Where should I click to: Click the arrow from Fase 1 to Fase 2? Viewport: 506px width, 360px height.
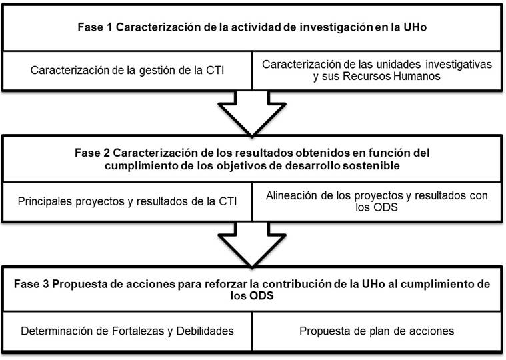point(252,113)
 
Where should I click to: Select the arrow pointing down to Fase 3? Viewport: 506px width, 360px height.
point(252,245)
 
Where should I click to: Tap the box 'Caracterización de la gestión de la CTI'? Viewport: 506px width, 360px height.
point(127,71)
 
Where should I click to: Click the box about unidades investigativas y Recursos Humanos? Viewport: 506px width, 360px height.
point(377,71)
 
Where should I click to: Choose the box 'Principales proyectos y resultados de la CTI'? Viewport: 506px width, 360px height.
point(127,202)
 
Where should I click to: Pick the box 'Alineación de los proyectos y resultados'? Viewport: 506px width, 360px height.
point(377,202)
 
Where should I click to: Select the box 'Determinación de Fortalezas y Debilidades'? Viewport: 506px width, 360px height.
point(127,331)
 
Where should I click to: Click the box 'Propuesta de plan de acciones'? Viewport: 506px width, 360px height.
point(377,331)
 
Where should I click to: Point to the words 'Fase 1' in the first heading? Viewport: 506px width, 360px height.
point(95,27)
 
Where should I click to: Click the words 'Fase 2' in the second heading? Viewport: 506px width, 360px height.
point(92,153)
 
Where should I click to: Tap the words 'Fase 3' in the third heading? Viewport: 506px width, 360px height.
point(31,284)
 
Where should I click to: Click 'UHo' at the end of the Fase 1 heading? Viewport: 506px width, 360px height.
point(415,27)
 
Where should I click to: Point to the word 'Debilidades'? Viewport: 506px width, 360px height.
point(205,331)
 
